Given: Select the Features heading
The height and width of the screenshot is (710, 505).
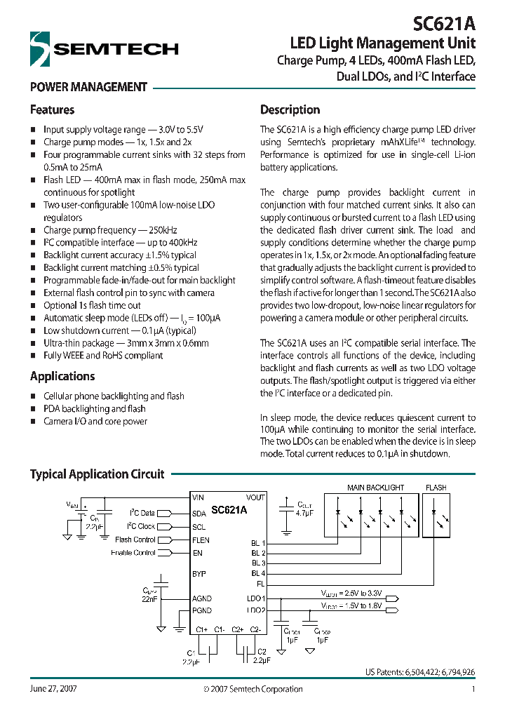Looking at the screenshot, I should click(52, 110).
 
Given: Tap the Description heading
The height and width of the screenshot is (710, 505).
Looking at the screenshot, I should click(290, 110).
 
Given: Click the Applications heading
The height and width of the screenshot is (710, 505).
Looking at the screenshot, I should click(62, 377).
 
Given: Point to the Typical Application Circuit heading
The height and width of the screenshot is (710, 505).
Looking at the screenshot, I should click(97, 474).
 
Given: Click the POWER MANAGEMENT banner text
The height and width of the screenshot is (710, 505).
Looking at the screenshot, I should click(88, 88).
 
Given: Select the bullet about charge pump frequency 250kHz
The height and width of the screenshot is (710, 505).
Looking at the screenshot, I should click(109, 230).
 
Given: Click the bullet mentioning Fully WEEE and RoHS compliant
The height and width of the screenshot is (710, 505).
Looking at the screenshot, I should click(102, 356).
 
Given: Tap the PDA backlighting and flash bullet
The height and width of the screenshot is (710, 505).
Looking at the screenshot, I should click(94, 409).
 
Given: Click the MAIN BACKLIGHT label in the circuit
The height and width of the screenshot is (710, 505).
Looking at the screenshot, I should click(375, 488).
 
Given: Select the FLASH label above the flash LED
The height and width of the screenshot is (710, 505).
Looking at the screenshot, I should click(436, 488).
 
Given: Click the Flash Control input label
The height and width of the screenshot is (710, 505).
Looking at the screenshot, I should click(135, 540).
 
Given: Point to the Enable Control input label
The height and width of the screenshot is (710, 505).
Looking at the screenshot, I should click(133, 553).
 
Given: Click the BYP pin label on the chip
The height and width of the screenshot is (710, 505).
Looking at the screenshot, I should click(199, 573).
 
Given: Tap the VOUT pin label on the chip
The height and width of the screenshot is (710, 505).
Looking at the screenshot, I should click(255, 497).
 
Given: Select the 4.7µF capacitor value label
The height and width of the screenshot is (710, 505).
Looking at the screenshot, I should click(305, 513).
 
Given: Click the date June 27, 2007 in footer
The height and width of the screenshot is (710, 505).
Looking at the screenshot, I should click(53, 690).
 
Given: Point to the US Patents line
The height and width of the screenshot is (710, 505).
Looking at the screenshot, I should click(419, 672).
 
